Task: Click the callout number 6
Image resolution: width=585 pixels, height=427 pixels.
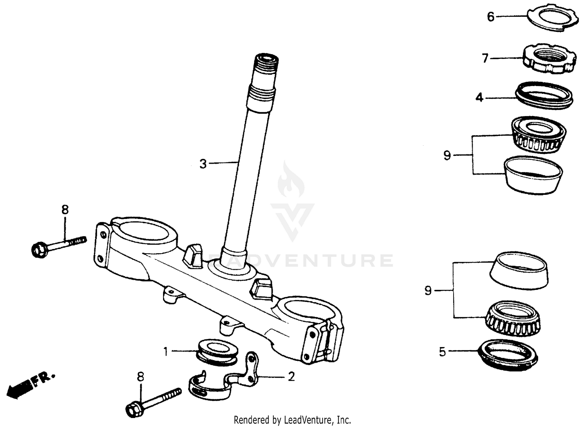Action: (491, 17)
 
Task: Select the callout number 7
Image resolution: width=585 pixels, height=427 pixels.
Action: (485, 58)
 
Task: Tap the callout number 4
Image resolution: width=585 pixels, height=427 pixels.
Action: (479, 97)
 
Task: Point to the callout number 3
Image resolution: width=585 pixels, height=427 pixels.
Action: (203, 164)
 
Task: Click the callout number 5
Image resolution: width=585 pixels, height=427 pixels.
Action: (442, 352)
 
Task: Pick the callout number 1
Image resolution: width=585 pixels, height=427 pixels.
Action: (166, 352)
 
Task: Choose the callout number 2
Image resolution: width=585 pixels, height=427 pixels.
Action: (291, 377)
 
